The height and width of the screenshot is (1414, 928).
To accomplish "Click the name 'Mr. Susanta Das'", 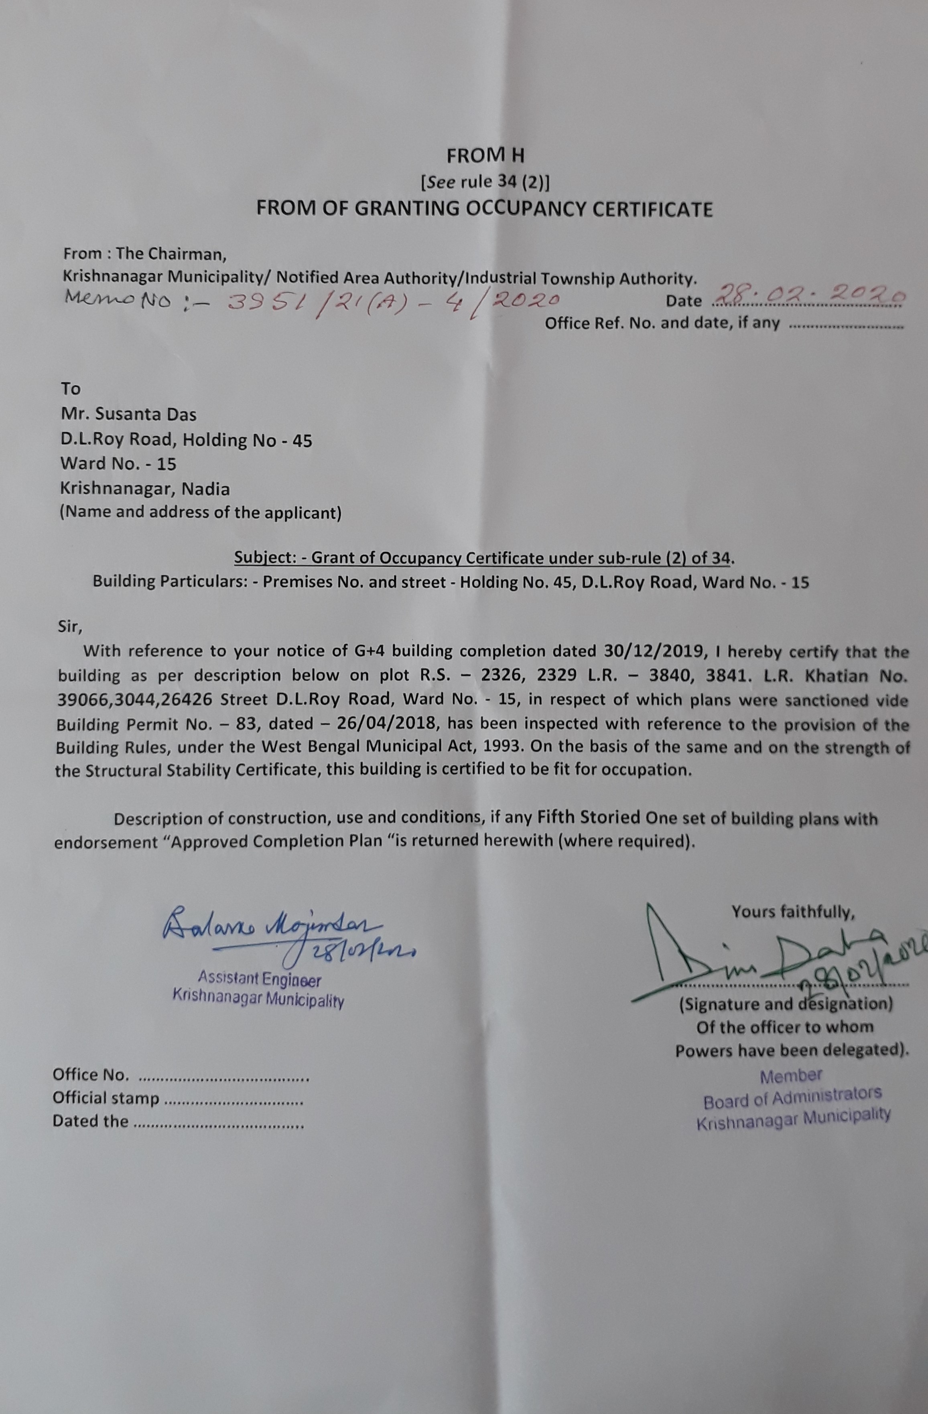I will [x=128, y=414].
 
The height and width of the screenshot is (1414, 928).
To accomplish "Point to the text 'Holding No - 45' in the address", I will [x=247, y=440].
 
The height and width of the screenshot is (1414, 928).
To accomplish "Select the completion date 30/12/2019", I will [x=653, y=651].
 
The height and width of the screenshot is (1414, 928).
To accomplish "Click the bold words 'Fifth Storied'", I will [x=589, y=818].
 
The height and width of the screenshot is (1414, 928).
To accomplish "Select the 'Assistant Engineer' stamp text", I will [x=260, y=980].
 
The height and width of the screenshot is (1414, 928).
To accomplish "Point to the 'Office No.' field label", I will [x=90, y=1074].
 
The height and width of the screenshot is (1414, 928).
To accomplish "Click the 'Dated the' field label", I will [x=90, y=1121].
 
